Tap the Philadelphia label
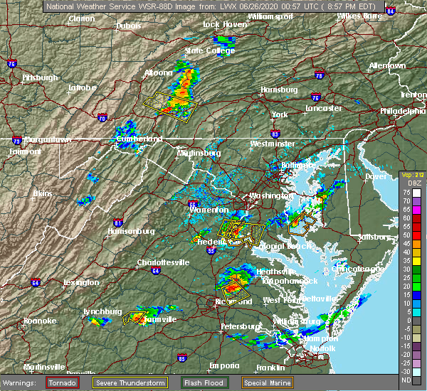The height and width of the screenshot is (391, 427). [x=402, y=111]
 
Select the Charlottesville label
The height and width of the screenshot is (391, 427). [x=163, y=262]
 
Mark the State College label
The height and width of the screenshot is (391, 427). [x=210, y=50]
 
